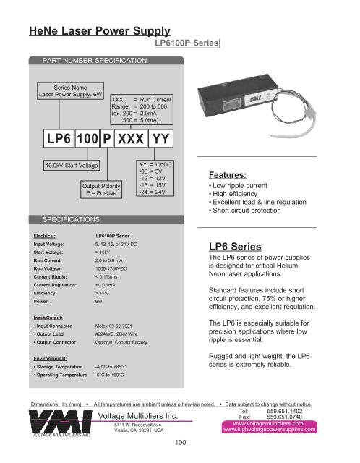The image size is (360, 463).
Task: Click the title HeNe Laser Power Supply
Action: (x=98, y=31)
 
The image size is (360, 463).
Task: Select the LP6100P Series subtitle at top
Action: (x=187, y=44)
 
